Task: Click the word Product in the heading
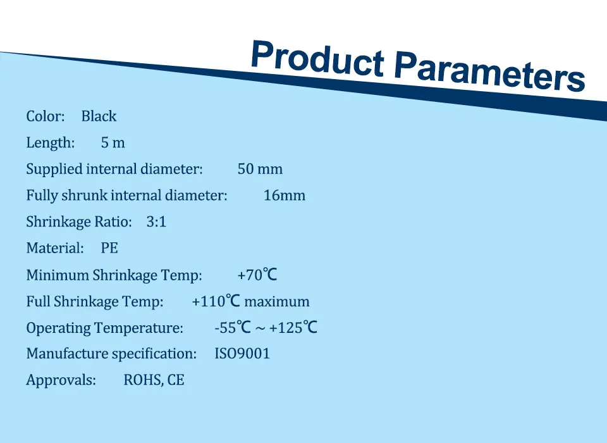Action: click(317, 58)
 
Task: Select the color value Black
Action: click(99, 116)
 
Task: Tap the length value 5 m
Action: click(113, 142)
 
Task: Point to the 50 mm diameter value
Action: click(260, 169)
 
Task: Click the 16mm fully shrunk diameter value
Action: click(285, 196)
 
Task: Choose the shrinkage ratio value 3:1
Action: click(156, 221)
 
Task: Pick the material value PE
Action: click(109, 248)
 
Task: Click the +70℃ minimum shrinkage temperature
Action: click(257, 275)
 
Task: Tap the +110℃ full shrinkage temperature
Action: click(216, 301)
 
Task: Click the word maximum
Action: click(277, 301)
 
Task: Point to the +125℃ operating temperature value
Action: click(293, 327)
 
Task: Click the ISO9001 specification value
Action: click(242, 354)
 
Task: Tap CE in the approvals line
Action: click(176, 380)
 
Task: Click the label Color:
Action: click(46, 116)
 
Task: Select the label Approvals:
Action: click(61, 380)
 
